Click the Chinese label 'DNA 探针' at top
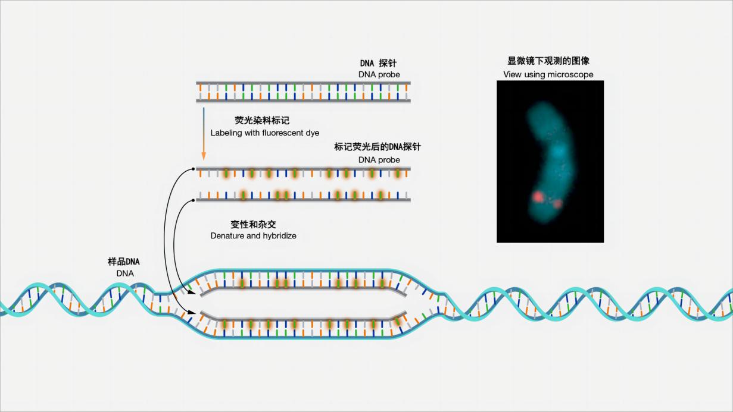click(378, 63)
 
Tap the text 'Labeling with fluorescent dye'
click(265, 133)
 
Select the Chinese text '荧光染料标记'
click(262, 121)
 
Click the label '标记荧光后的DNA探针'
click(378, 147)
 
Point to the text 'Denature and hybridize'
click(253, 235)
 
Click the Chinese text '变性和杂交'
click(253, 225)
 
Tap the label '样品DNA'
click(124, 262)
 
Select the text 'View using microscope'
click(548, 74)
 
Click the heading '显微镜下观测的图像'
click(548, 61)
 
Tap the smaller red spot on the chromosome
click(557, 204)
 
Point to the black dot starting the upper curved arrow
click(194, 169)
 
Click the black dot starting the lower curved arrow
click(194, 200)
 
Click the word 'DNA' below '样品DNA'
click(125, 273)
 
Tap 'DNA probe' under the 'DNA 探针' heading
click(379, 74)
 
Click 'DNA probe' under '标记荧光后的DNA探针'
click(379, 160)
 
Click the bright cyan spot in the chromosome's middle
click(559, 150)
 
